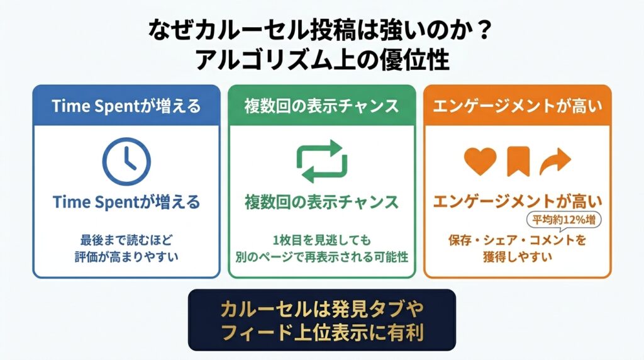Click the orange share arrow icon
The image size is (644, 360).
tap(555, 162)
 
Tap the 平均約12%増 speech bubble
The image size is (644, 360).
tap(563, 220)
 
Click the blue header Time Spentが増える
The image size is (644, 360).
tap(126, 106)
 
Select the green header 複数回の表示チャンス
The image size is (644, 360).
tap(321, 106)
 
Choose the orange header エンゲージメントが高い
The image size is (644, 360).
tap(518, 106)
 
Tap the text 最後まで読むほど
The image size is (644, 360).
tap(126, 240)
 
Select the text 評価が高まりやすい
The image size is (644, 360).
tap(126, 257)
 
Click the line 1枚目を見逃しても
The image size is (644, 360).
tap(322, 240)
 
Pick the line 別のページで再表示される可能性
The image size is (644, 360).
tap(322, 257)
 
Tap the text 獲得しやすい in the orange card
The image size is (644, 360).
tap(518, 257)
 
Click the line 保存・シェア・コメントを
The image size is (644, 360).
tap(518, 240)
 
